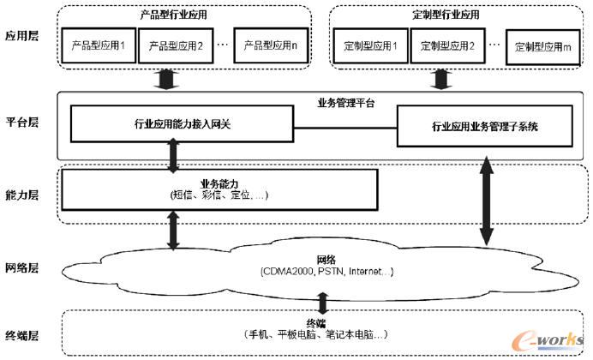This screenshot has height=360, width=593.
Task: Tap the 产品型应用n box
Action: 268,45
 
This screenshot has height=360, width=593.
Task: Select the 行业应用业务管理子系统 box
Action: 485,126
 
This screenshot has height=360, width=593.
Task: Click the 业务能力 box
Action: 220,189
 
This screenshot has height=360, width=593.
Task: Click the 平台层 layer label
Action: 22,122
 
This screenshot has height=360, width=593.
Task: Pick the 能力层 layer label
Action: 22,194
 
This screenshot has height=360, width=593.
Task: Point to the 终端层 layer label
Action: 22,333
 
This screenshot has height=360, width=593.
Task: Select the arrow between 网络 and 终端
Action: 322,303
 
